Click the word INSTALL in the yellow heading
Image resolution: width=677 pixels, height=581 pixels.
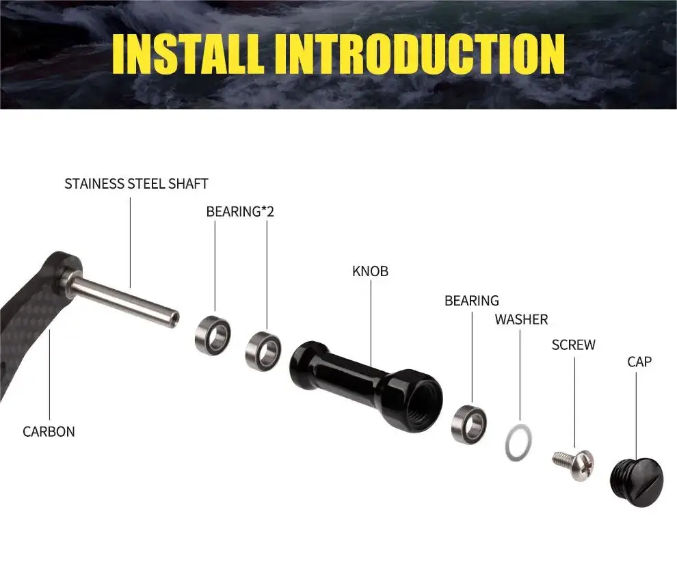pos(188,54)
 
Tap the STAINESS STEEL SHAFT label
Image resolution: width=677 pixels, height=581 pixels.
pos(137,184)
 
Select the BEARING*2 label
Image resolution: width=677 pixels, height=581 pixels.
pos(240,211)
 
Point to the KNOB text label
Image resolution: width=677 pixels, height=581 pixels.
pos(370,271)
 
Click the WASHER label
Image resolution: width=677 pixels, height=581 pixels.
pos(521,319)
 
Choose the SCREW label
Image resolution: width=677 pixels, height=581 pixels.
pos(573,344)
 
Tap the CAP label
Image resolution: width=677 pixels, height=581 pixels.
pos(639,362)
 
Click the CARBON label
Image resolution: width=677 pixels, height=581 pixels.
pos(49,432)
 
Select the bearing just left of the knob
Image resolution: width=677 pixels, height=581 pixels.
pos(263,351)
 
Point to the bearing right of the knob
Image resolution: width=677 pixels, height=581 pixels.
pos(469,424)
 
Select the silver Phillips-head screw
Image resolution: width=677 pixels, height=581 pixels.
pos(574,465)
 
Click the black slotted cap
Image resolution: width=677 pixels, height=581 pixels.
pos(637,482)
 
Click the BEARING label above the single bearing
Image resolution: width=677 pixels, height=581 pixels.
pos(471,301)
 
